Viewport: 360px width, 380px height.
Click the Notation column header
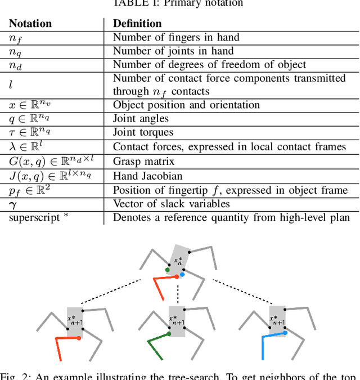tap(30, 24)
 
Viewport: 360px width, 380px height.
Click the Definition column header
tap(137, 24)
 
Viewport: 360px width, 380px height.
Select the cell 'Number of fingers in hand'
tap(176, 38)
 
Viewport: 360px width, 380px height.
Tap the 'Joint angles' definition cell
tap(141, 118)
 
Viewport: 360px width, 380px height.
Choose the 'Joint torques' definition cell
tap(143, 132)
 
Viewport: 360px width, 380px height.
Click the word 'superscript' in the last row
tap(34, 217)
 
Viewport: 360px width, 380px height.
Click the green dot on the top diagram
tap(168, 270)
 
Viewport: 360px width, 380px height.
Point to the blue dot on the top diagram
tap(181, 274)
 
